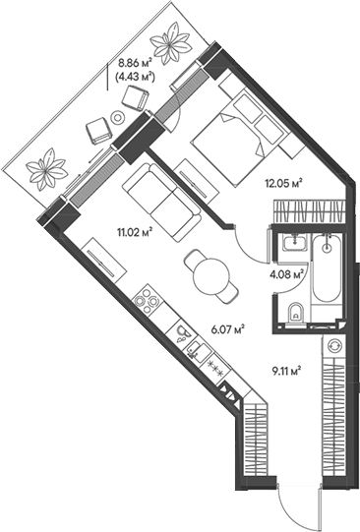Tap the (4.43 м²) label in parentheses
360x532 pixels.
click(135, 73)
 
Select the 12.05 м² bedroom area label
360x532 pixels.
click(281, 180)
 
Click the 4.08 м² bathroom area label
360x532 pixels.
click(287, 275)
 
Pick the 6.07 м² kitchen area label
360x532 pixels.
click(227, 330)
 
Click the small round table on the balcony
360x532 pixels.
click(118, 117)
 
